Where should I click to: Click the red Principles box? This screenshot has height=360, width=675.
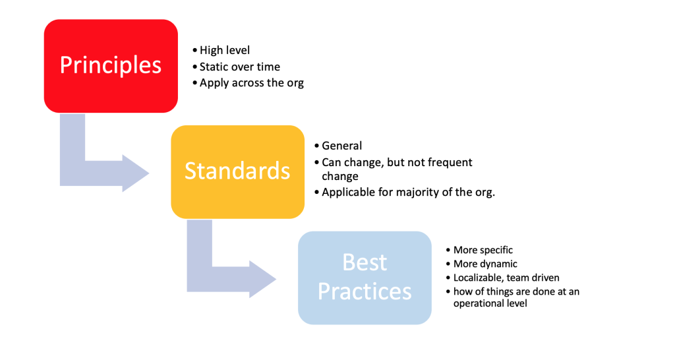(111, 65)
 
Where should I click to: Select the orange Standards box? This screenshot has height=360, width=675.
(237, 171)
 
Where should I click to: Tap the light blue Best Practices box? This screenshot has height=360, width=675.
(365, 278)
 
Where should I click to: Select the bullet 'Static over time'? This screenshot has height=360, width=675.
(239, 67)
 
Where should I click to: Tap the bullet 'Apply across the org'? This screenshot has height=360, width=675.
(251, 83)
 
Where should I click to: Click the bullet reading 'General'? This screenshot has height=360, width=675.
(341, 146)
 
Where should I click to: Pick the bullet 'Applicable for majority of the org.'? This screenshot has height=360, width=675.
(408, 193)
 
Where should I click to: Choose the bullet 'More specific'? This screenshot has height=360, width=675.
(483, 251)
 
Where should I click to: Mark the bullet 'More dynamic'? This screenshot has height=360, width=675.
(485, 264)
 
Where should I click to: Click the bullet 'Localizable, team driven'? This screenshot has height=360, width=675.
(506, 278)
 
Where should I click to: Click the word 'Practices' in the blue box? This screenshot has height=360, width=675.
(365, 291)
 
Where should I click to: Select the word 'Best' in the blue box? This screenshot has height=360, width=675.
(365, 262)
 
